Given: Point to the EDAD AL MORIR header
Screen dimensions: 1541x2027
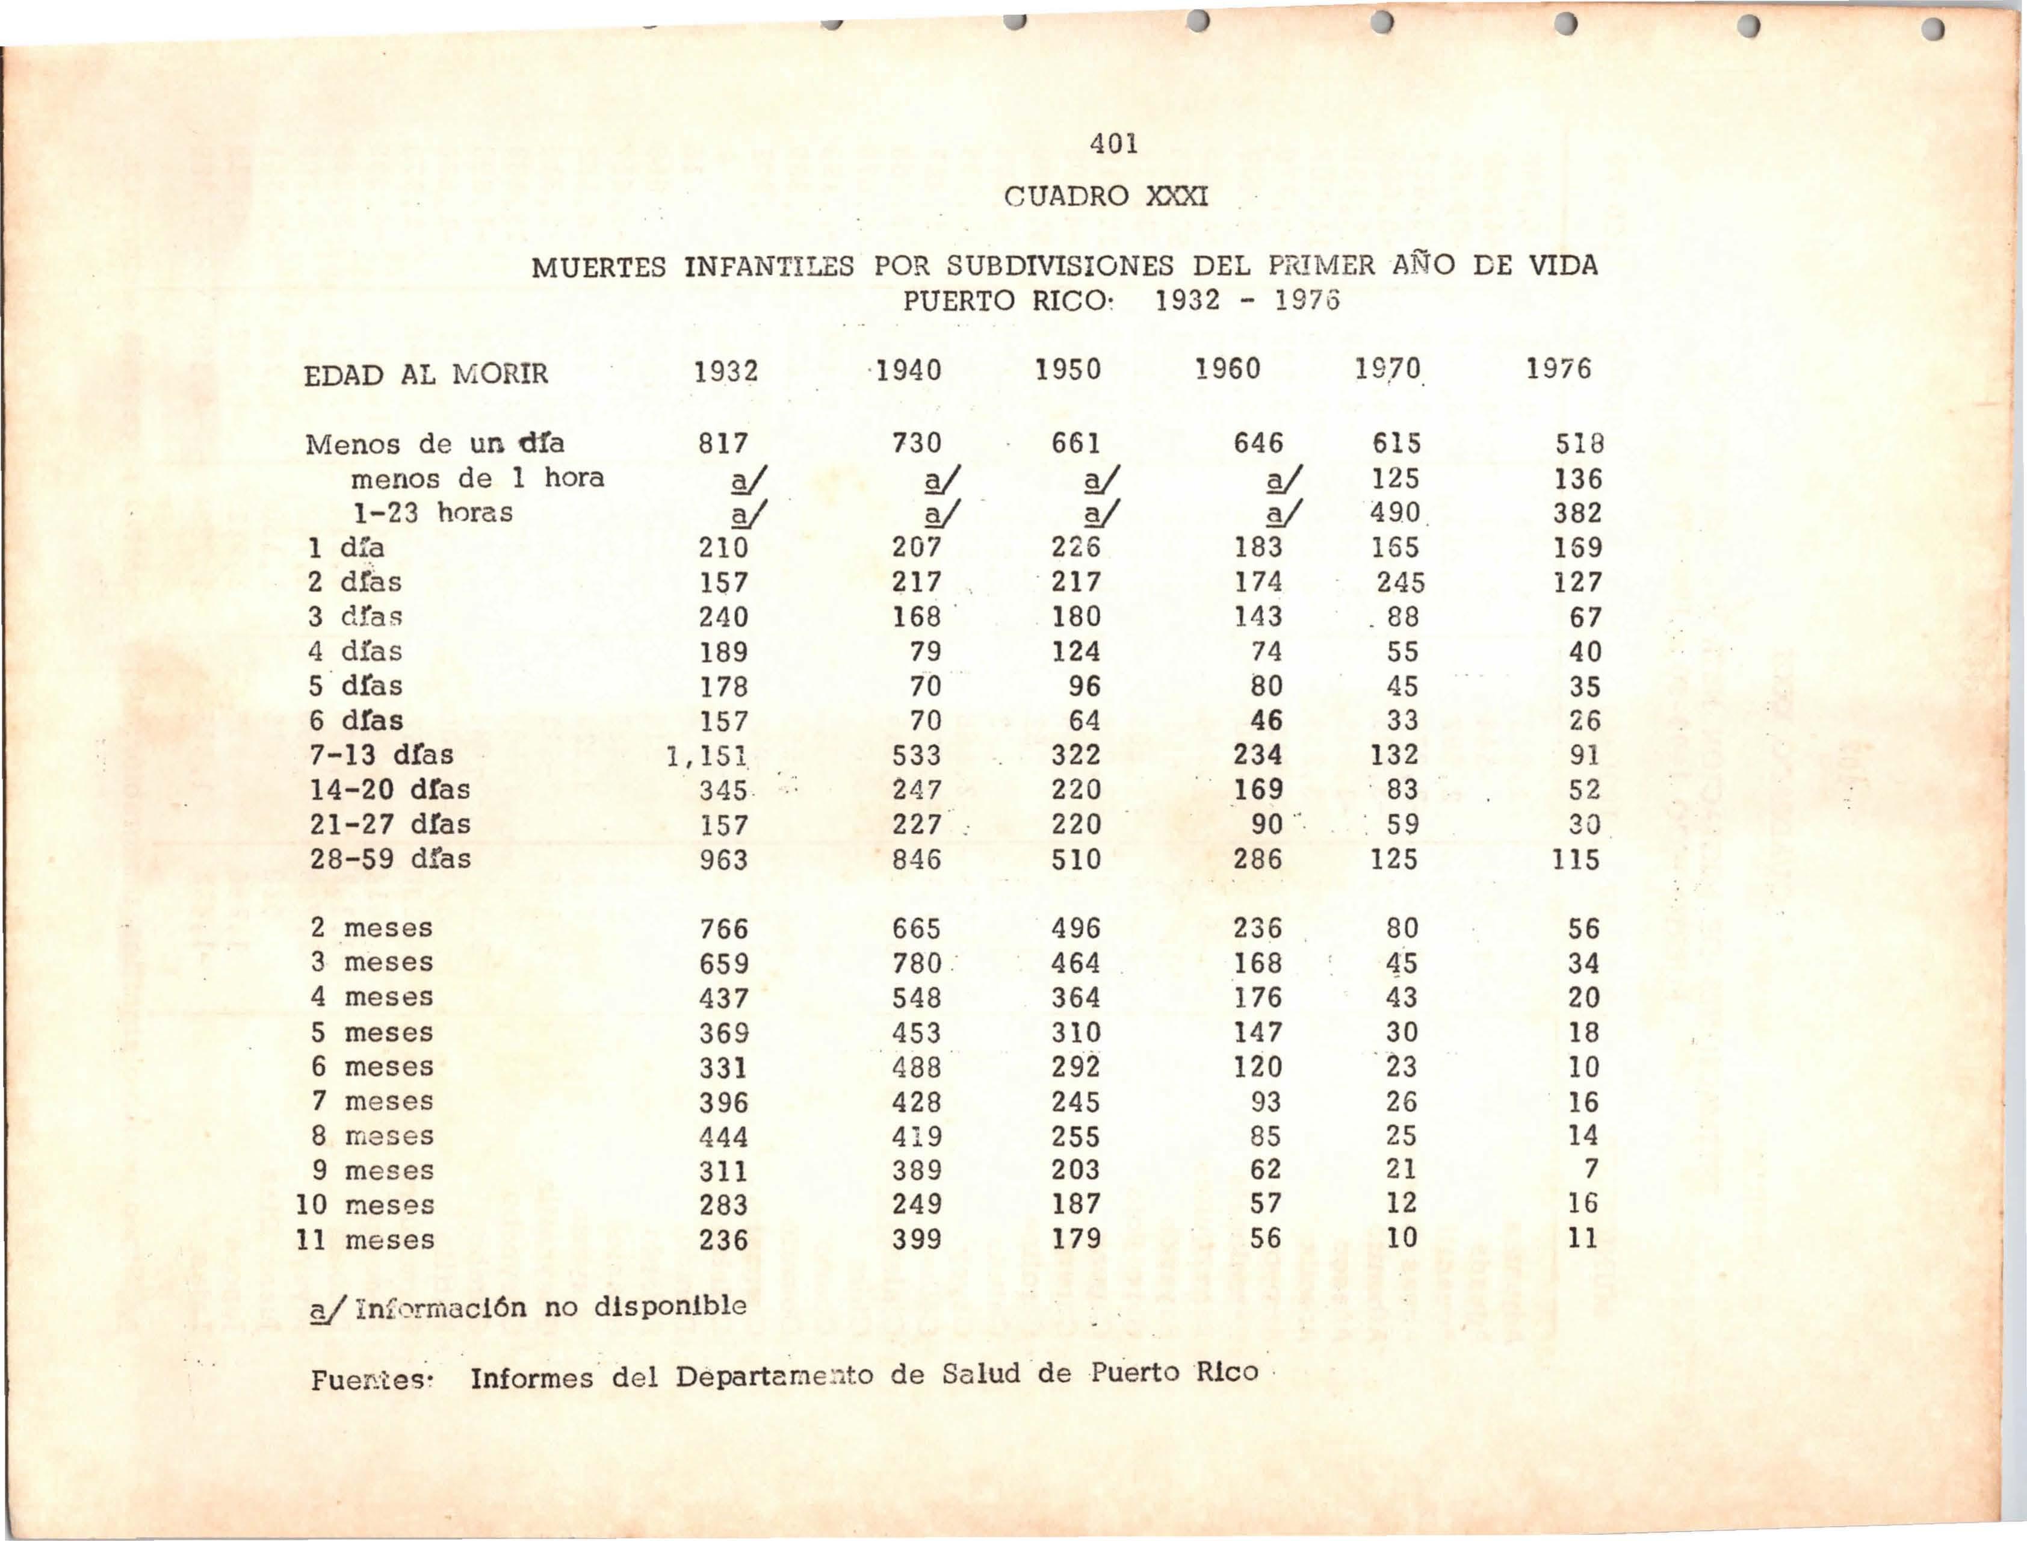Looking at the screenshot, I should pyautogui.click(x=427, y=374).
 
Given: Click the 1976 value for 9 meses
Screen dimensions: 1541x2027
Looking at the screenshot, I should pyautogui.click(x=1591, y=1170).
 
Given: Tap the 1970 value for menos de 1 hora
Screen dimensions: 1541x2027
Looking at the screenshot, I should pyautogui.click(x=1396, y=479).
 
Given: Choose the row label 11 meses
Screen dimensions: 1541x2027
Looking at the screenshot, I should pyautogui.click(x=365, y=1240).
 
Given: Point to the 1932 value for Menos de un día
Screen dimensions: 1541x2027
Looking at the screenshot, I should pyautogui.click(x=723, y=444).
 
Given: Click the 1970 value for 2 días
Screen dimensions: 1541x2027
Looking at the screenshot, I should pyautogui.click(x=1400, y=583).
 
